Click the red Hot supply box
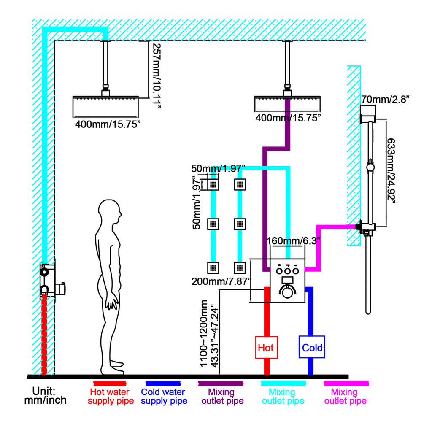point(266,347)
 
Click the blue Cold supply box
point(312,347)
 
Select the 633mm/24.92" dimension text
point(391,171)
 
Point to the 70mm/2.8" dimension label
point(385,99)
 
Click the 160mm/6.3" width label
point(294,241)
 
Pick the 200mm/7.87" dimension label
point(221,281)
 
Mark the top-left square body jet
point(213,184)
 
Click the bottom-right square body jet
point(240,267)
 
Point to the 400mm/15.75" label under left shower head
point(108,124)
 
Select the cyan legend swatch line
point(283,383)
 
